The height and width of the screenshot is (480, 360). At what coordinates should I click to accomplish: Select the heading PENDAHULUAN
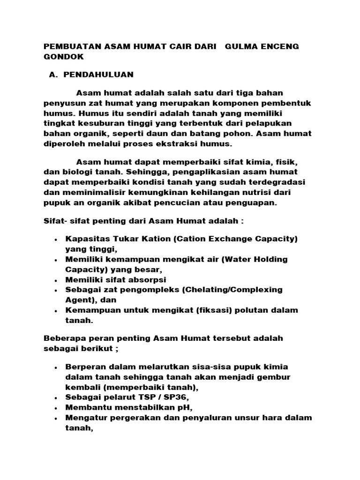point(98,75)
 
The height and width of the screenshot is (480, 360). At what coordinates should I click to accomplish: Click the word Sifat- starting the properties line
point(55,221)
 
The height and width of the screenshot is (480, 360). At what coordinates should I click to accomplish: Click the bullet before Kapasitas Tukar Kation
point(56,240)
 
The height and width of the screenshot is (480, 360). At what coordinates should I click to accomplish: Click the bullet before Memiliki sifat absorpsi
point(56,280)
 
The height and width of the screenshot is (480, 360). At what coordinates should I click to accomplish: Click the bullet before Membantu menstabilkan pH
point(56,407)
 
